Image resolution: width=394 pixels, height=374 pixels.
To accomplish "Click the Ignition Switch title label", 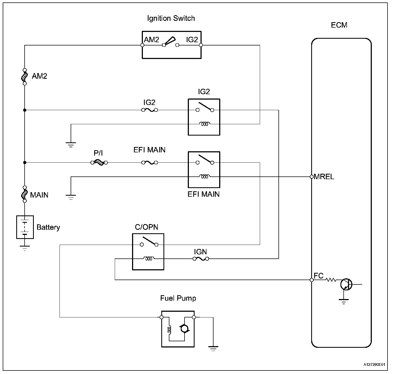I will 171,18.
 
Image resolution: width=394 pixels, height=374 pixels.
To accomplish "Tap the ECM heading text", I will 339,25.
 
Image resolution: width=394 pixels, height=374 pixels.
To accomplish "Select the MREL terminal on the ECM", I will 312,177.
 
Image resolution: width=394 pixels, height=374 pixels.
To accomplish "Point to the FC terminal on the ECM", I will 312,280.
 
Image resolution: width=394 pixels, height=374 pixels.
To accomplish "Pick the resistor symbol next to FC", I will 331,280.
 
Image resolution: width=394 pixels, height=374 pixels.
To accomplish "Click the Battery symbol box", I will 25,227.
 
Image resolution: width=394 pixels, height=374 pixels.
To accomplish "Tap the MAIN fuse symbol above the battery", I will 25,194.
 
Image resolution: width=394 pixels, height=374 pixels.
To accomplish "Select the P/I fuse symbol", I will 99,163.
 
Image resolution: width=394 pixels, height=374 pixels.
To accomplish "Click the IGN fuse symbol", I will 201,259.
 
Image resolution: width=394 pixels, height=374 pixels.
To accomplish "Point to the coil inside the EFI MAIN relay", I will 204,177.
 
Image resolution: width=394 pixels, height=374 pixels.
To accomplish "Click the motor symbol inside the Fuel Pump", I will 184,329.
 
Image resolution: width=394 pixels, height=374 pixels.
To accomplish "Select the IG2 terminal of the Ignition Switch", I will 201,45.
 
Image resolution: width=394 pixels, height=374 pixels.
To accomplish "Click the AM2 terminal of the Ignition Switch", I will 142,45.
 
